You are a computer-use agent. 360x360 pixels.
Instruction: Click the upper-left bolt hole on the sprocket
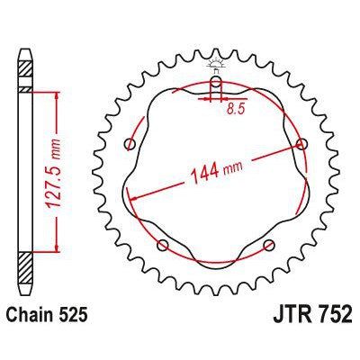point(132,144)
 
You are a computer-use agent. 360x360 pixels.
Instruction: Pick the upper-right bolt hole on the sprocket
point(300,144)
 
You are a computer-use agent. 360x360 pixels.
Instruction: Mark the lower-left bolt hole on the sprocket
point(163,245)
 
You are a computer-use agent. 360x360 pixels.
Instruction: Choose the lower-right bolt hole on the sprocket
point(268,245)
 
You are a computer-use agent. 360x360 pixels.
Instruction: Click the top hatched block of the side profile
point(25,71)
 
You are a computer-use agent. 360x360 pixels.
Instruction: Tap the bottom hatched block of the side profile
point(25,271)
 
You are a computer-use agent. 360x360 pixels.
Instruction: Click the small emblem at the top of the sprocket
point(216,64)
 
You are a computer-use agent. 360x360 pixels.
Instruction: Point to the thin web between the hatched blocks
point(25,171)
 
